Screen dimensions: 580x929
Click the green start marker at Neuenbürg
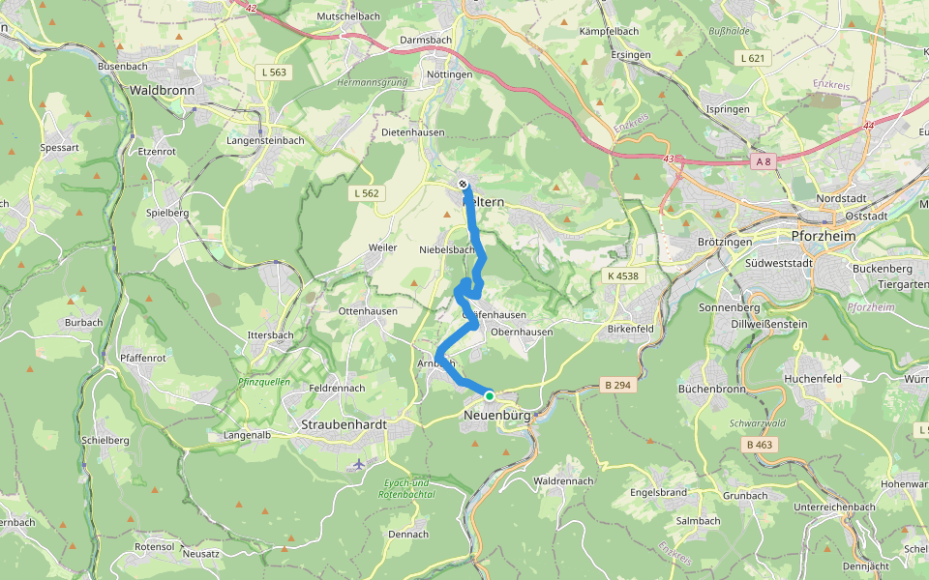point(490,396)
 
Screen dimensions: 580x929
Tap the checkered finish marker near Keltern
point(464,184)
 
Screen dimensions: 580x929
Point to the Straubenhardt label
point(344,424)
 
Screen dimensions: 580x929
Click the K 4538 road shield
point(624,276)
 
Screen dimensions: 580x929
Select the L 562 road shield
point(368,193)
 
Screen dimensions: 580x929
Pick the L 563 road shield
point(275,72)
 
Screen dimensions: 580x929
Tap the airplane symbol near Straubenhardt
point(359,464)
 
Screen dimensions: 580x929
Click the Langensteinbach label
point(265,140)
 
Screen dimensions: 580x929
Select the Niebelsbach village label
point(447,248)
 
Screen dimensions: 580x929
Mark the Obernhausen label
point(522,332)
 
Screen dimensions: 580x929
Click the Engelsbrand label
point(658,492)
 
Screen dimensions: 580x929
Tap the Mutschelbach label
point(347,16)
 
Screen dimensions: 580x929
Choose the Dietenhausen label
point(413,131)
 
